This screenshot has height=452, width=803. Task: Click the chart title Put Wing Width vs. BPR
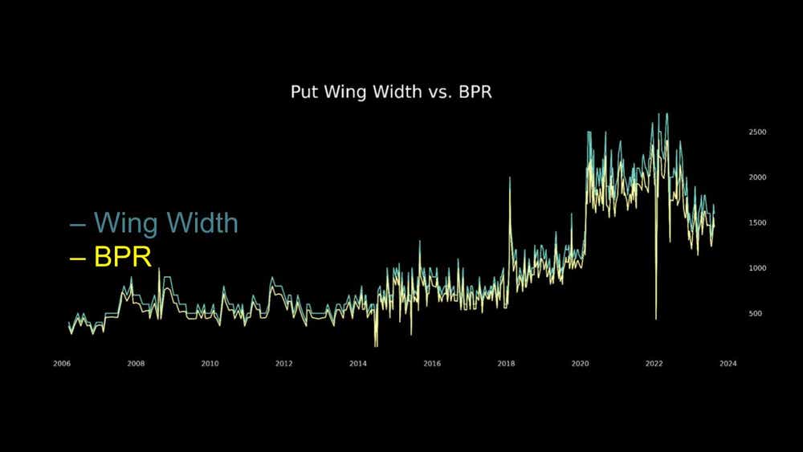(391, 92)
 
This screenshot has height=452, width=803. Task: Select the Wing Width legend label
(166, 223)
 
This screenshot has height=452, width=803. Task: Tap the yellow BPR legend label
(123, 256)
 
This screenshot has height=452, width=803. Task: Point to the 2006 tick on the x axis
(62, 364)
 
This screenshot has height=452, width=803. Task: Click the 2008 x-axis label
(136, 364)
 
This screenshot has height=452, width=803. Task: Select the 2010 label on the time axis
(210, 364)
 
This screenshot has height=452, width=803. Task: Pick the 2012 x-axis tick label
(283, 364)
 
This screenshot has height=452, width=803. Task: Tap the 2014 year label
(358, 364)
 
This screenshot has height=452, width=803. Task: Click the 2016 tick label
(432, 364)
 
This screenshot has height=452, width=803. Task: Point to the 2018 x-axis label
(506, 364)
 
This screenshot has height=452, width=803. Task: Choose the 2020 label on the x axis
(581, 364)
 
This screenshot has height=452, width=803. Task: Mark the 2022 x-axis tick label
(654, 364)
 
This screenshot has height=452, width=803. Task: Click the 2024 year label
(728, 364)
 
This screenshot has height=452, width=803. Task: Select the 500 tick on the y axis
(756, 313)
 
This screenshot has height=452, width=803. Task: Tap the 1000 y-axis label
(757, 268)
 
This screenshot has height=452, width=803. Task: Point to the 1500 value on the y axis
(757, 222)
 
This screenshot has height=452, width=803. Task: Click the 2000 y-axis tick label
(757, 177)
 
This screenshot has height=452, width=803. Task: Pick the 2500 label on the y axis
(757, 132)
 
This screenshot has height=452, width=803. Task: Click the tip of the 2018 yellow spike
(510, 177)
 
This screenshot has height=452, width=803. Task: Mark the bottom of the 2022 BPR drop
(656, 320)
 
